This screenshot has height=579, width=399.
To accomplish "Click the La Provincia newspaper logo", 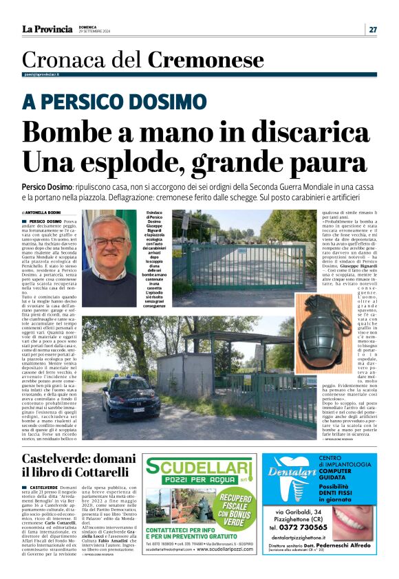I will pos(47,29).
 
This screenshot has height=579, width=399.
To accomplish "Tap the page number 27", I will pos(372,29).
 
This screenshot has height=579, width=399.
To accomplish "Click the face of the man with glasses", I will pos(109,239).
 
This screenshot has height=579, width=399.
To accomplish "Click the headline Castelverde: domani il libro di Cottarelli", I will pos(75,466).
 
